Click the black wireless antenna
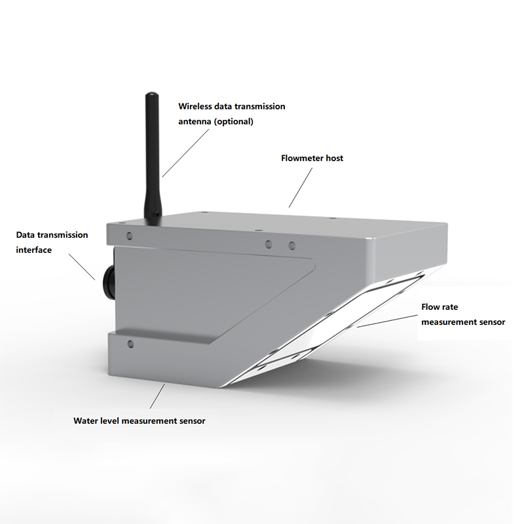pyautogui.click(x=152, y=157)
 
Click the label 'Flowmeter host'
pyautogui.click(x=312, y=158)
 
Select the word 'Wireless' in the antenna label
pyautogui.click(x=195, y=106)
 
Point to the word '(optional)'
pyautogui.click(x=234, y=121)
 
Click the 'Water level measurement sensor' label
pyautogui.click(x=140, y=421)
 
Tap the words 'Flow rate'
pyautogui.click(x=440, y=307)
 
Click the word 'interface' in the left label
pyautogui.click(x=34, y=250)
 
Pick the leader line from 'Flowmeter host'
pyautogui.click(x=301, y=187)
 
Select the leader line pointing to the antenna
pyautogui.click(x=185, y=153)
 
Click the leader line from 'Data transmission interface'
pyautogui.click(x=82, y=267)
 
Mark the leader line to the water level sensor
pyautogui.click(x=157, y=396)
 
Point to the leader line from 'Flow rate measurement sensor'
pyautogui.click(x=387, y=321)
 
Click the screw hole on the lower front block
pyautogui.click(x=130, y=343)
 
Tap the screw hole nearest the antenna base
pyautogui.click(x=129, y=236)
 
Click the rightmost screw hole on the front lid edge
pyautogui.click(x=292, y=246)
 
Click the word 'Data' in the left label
pyautogui.click(x=26, y=235)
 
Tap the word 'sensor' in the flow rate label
pyautogui.click(x=493, y=322)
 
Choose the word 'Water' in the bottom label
pyautogui.click(x=84, y=421)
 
